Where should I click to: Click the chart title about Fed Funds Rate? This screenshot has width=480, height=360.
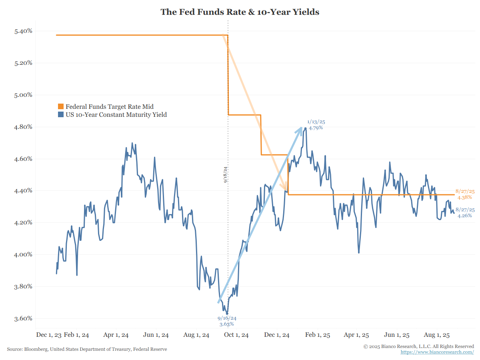click(x=240, y=12)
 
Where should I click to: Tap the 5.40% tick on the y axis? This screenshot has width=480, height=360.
click(x=23, y=31)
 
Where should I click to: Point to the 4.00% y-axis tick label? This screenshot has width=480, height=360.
click(x=23, y=255)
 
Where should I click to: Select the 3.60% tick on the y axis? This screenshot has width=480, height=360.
click(x=23, y=319)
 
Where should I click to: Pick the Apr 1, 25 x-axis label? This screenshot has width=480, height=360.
click(x=356, y=335)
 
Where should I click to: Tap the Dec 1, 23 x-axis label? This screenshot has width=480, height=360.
click(x=49, y=335)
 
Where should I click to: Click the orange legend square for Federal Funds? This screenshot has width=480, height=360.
click(x=61, y=107)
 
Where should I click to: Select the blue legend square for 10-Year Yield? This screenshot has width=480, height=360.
click(x=61, y=115)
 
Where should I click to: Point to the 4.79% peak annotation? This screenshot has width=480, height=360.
click(x=316, y=128)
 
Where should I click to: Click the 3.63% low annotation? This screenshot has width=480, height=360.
click(x=226, y=324)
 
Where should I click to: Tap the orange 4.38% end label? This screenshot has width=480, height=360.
click(x=465, y=197)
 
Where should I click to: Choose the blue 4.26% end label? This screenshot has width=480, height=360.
click(x=465, y=216)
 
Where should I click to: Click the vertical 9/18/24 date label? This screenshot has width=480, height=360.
click(x=226, y=174)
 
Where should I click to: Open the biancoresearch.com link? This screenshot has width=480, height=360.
click(x=437, y=352)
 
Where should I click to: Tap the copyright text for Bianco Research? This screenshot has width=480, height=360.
click(x=419, y=346)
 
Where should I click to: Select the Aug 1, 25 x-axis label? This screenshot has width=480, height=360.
click(x=437, y=335)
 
